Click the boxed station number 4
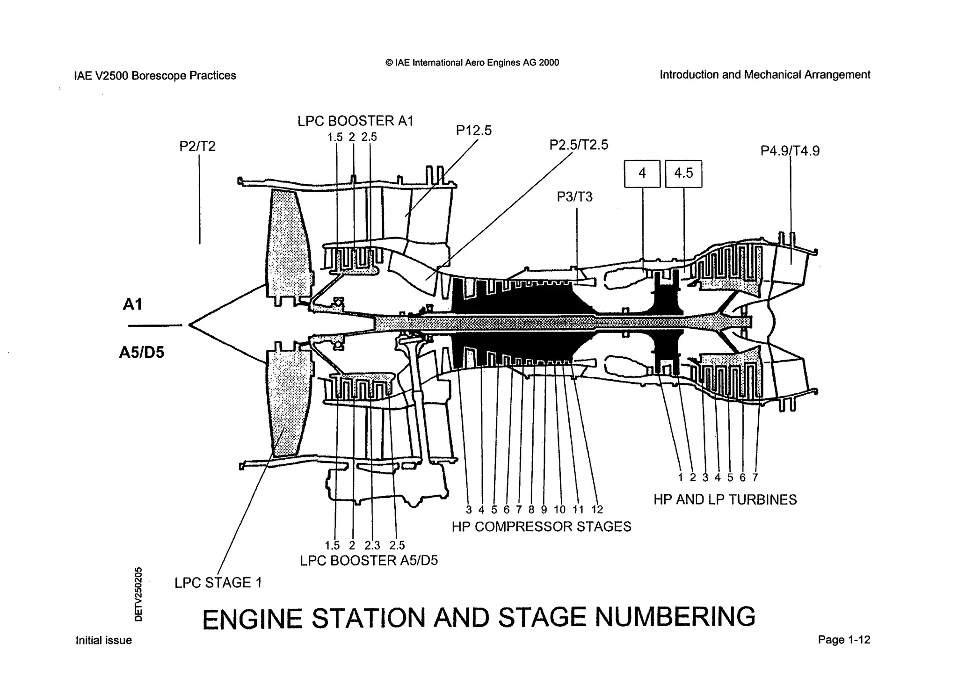click(x=642, y=173)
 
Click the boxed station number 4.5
click(x=683, y=173)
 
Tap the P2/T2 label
click(x=197, y=147)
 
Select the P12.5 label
click(x=474, y=130)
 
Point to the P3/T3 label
click(x=574, y=197)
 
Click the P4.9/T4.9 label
click(x=790, y=151)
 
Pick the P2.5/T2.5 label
click(x=579, y=145)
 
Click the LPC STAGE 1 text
click(x=218, y=583)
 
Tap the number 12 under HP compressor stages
click(x=597, y=510)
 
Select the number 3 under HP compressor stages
click(x=469, y=510)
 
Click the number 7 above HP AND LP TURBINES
click(x=755, y=477)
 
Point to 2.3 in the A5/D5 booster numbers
click(x=372, y=545)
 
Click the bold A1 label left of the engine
click(x=132, y=304)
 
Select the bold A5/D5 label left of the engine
click(x=142, y=352)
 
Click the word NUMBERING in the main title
click(x=675, y=617)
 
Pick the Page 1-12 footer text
click(x=844, y=640)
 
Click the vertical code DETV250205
click(x=138, y=594)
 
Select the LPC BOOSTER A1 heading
click(x=356, y=121)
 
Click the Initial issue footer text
click(x=104, y=640)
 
